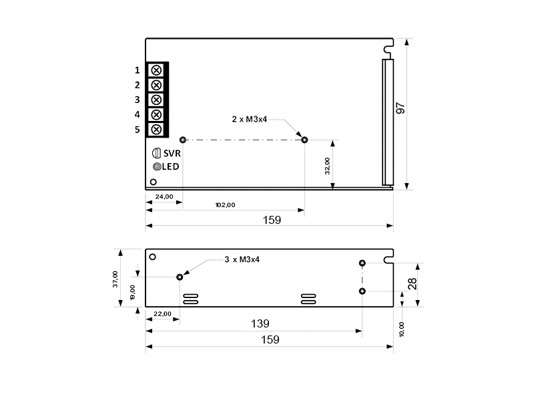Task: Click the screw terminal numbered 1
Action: [x=156, y=70]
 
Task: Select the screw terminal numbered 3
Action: [x=156, y=100]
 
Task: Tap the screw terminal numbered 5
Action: [x=156, y=129]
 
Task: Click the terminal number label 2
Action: [x=137, y=85]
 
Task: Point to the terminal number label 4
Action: [x=137, y=114]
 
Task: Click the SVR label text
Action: [x=172, y=152]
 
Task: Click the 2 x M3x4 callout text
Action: [x=250, y=119]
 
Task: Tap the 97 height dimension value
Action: [x=400, y=108]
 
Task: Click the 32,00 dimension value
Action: [x=327, y=165]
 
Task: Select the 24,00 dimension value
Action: [x=164, y=197]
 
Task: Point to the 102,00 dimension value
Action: [x=224, y=205]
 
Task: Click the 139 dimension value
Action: [x=260, y=323]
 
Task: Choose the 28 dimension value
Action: [x=413, y=283]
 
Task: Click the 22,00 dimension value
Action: [x=163, y=313]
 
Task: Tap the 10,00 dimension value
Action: [x=401, y=329]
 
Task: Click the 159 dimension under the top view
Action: [x=271, y=219]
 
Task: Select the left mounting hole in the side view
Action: [x=180, y=277]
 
